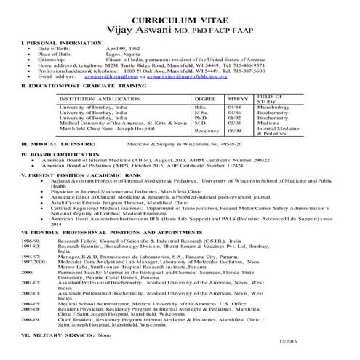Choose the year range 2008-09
(x=31, y=318)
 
